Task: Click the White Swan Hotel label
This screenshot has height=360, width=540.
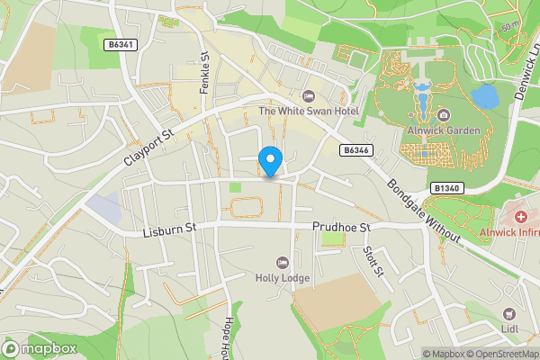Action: pos(309,111)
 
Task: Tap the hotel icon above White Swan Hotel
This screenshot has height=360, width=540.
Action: pos(309,95)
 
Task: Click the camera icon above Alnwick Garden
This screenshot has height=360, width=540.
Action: pos(444,114)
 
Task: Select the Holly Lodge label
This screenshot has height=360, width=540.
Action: pos(282,278)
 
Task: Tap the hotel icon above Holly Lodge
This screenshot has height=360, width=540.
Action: pos(282,262)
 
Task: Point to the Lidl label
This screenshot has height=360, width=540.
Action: pos(510,329)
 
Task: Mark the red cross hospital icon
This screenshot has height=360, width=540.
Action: pos(520,218)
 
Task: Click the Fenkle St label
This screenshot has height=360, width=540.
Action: pos(204,74)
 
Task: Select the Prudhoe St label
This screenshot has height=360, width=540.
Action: pos(342,229)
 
